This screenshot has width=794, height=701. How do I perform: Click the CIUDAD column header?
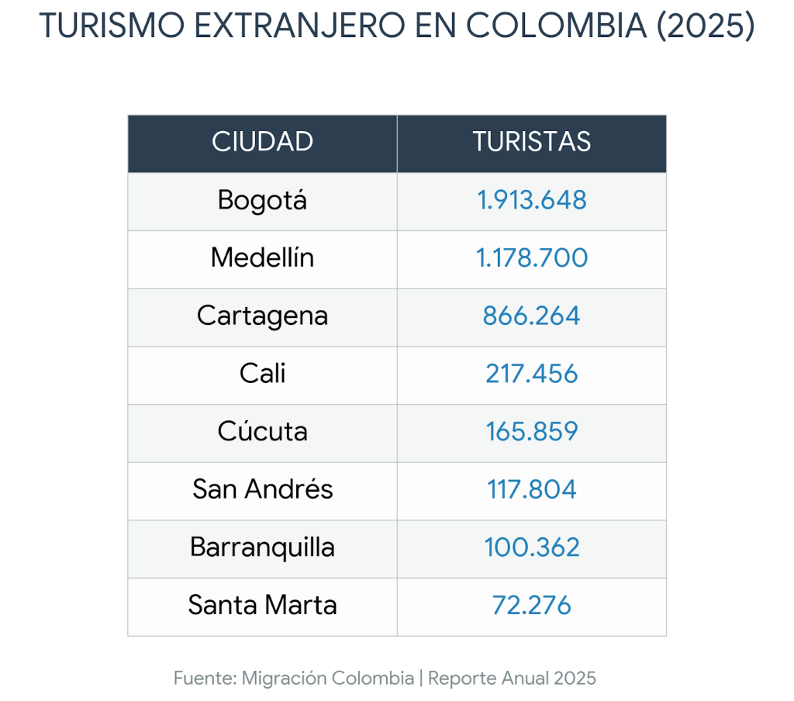pos(262,142)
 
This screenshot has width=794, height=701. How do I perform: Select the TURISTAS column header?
pos(531,142)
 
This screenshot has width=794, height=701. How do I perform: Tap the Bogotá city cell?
pos(262,200)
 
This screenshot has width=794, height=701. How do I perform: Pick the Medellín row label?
pos(262,257)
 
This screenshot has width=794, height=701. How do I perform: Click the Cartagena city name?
pos(262,316)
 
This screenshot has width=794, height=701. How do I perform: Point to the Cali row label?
pos(262,374)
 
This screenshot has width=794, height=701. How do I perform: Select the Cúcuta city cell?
pos(262,431)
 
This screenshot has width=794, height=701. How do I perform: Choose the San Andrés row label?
pos(262,489)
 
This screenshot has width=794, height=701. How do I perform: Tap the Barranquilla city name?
pos(262,547)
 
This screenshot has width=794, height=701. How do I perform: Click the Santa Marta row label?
pos(262,605)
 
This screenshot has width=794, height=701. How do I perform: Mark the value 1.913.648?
pos(531,200)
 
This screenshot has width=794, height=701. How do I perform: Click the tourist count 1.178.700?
pos(531,257)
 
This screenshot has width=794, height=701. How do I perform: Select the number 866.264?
pos(531,316)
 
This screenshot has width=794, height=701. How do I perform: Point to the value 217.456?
pos(531,374)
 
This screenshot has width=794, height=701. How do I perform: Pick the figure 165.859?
pos(531,431)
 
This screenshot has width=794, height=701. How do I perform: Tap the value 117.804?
pos(531,489)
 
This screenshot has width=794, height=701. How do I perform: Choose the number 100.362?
pos(531,547)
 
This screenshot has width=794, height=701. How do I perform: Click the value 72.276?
pos(531,605)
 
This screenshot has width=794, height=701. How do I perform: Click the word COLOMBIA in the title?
pos(557,26)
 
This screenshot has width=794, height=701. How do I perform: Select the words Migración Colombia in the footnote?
pos(328,679)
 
